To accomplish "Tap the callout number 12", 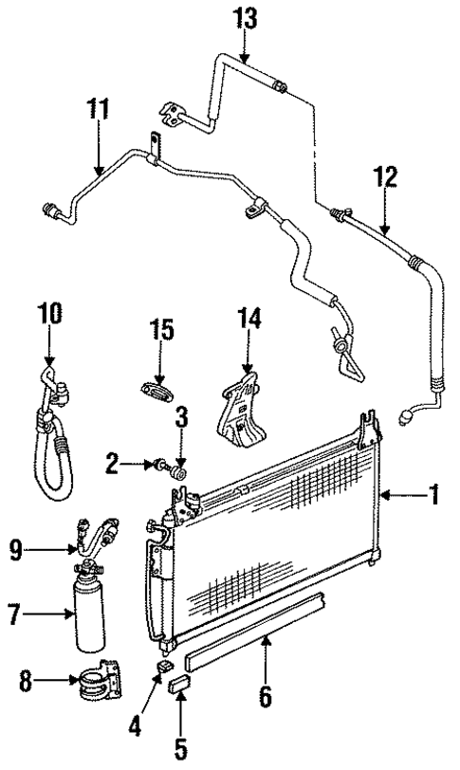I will pyautogui.click(x=384, y=178).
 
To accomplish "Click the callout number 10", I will pyautogui.click(x=48, y=313).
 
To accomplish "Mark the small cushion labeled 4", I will pyautogui.click(x=161, y=670).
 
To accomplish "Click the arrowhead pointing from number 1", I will pyautogui.click(x=384, y=495).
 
